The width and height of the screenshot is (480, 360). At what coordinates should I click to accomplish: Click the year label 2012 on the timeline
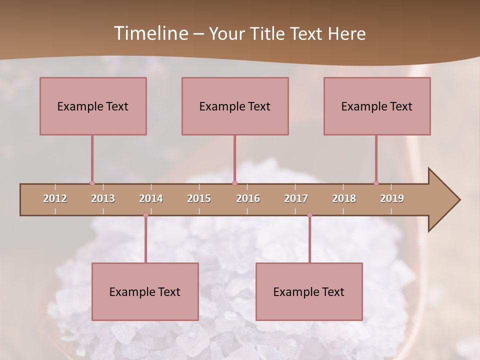click(x=55, y=198)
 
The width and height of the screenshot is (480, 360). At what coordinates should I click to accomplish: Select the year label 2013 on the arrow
click(x=103, y=198)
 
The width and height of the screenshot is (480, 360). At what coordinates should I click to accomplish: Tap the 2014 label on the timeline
click(x=151, y=198)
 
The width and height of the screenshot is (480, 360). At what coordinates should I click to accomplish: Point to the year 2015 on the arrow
click(x=199, y=198)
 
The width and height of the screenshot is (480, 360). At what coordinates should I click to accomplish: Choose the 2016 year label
click(x=248, y=198)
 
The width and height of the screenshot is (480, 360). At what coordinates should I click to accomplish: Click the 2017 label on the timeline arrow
click(x=296, y=198)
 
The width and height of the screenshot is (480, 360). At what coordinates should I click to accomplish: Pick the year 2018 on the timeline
click(x=344, y=198)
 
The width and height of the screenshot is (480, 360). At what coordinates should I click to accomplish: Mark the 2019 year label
click(x=392, y=198)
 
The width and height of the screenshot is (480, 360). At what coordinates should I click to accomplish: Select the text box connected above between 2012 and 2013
click(x=93, y=106)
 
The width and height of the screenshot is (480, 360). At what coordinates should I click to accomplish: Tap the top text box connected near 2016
click(x=235, y=106)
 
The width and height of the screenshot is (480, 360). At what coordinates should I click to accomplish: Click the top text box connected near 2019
click(x=377, y=106)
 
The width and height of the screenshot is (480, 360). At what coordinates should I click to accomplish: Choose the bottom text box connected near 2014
click(x=145, y=291)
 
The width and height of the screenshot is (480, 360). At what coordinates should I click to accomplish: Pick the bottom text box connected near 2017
click(x=309, y=291)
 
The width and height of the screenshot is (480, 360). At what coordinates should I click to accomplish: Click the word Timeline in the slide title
click(x=150, y=33)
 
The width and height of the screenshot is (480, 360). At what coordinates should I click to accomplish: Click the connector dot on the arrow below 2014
click(x=145, y=215)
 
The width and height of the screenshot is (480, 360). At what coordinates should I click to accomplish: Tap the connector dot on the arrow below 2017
click(x=309, y=215)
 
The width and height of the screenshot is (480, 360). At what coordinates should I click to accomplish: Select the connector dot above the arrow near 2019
click(x=376, y=183)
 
